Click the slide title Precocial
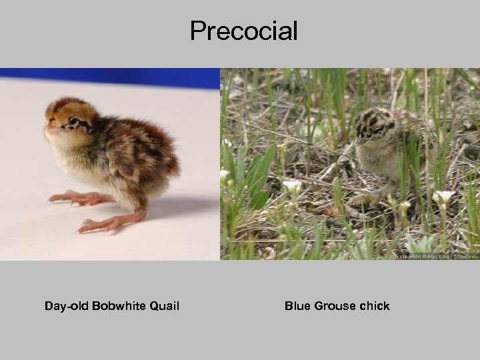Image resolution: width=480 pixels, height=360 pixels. click(243, 31)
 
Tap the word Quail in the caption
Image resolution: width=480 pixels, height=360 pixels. click(164, 306)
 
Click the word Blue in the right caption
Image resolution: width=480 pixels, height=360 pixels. click(297, 306)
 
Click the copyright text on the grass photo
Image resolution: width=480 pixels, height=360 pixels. click(437, 255)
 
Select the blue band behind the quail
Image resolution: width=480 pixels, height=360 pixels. click(110, 77)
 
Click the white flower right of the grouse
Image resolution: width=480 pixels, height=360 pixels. click(443, 197)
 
